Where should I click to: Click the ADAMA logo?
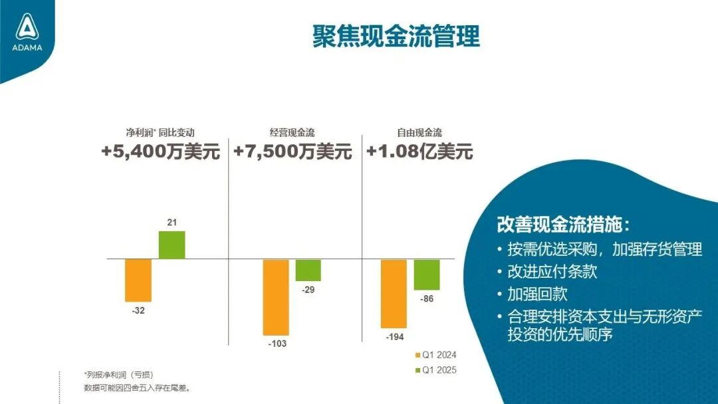[27, 33]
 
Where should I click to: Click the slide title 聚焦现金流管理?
[396, 36]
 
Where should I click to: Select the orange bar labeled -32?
[138, 280]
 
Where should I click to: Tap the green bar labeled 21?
[172, 245]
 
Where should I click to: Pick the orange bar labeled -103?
[276, 296]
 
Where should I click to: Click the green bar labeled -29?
[308, 270]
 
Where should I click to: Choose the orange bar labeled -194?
[394, 293]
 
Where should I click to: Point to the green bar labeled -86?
[427, 274]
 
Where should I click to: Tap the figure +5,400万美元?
[160, 152]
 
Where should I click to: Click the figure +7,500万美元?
[293, 152]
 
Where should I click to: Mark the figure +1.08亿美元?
[419, 152]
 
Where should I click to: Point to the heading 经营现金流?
[292, 133]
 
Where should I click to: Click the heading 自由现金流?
[419, 133]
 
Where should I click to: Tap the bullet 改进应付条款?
[552, 272]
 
